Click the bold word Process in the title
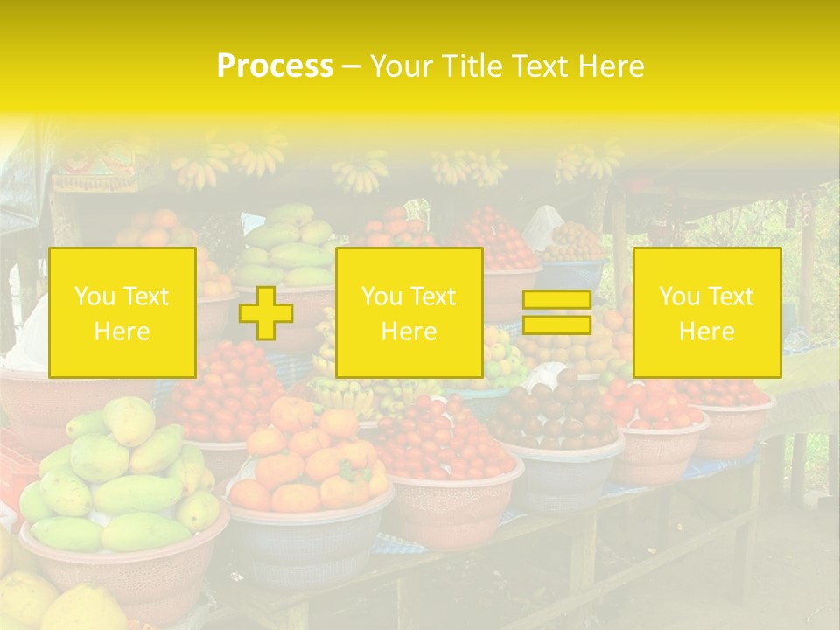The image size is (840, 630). click(x=275, y=66)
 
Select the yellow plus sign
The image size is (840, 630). click(x=266, y=313)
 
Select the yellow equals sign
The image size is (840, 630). click(x=556, y=312)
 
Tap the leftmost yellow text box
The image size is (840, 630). click(x=122, y=312)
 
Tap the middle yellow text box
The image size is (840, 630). click(x=409, y=312)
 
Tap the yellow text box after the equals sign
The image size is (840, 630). click(x=706, y=312)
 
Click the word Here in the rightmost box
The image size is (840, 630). click(x=706, y=331)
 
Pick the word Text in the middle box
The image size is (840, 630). click(x=433, y=297)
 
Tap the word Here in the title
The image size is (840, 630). click(x=609, y=66)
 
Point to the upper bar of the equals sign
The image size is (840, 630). click(x=556, y=300)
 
